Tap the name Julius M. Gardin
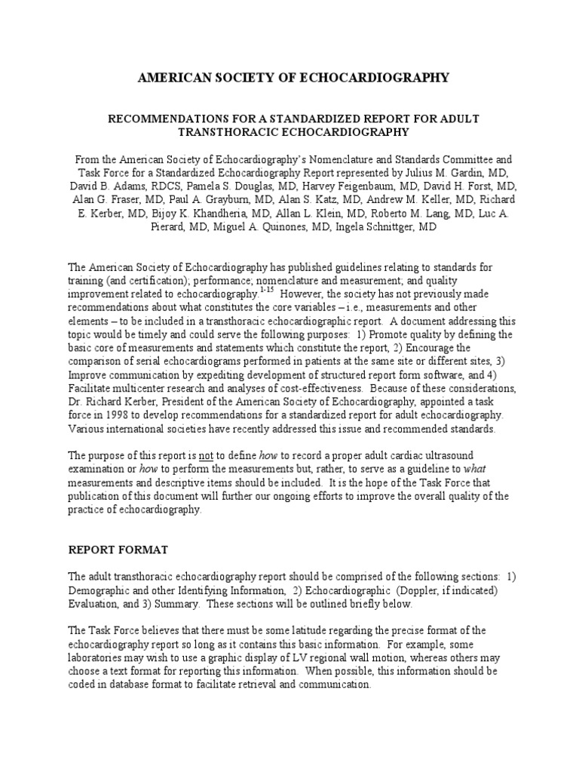pos(440,173)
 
